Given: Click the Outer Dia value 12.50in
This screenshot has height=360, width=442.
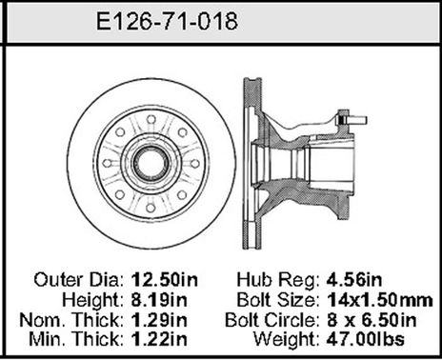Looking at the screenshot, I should (x=162, y=280).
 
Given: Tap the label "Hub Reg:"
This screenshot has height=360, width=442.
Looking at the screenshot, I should (x=277, y=280).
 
